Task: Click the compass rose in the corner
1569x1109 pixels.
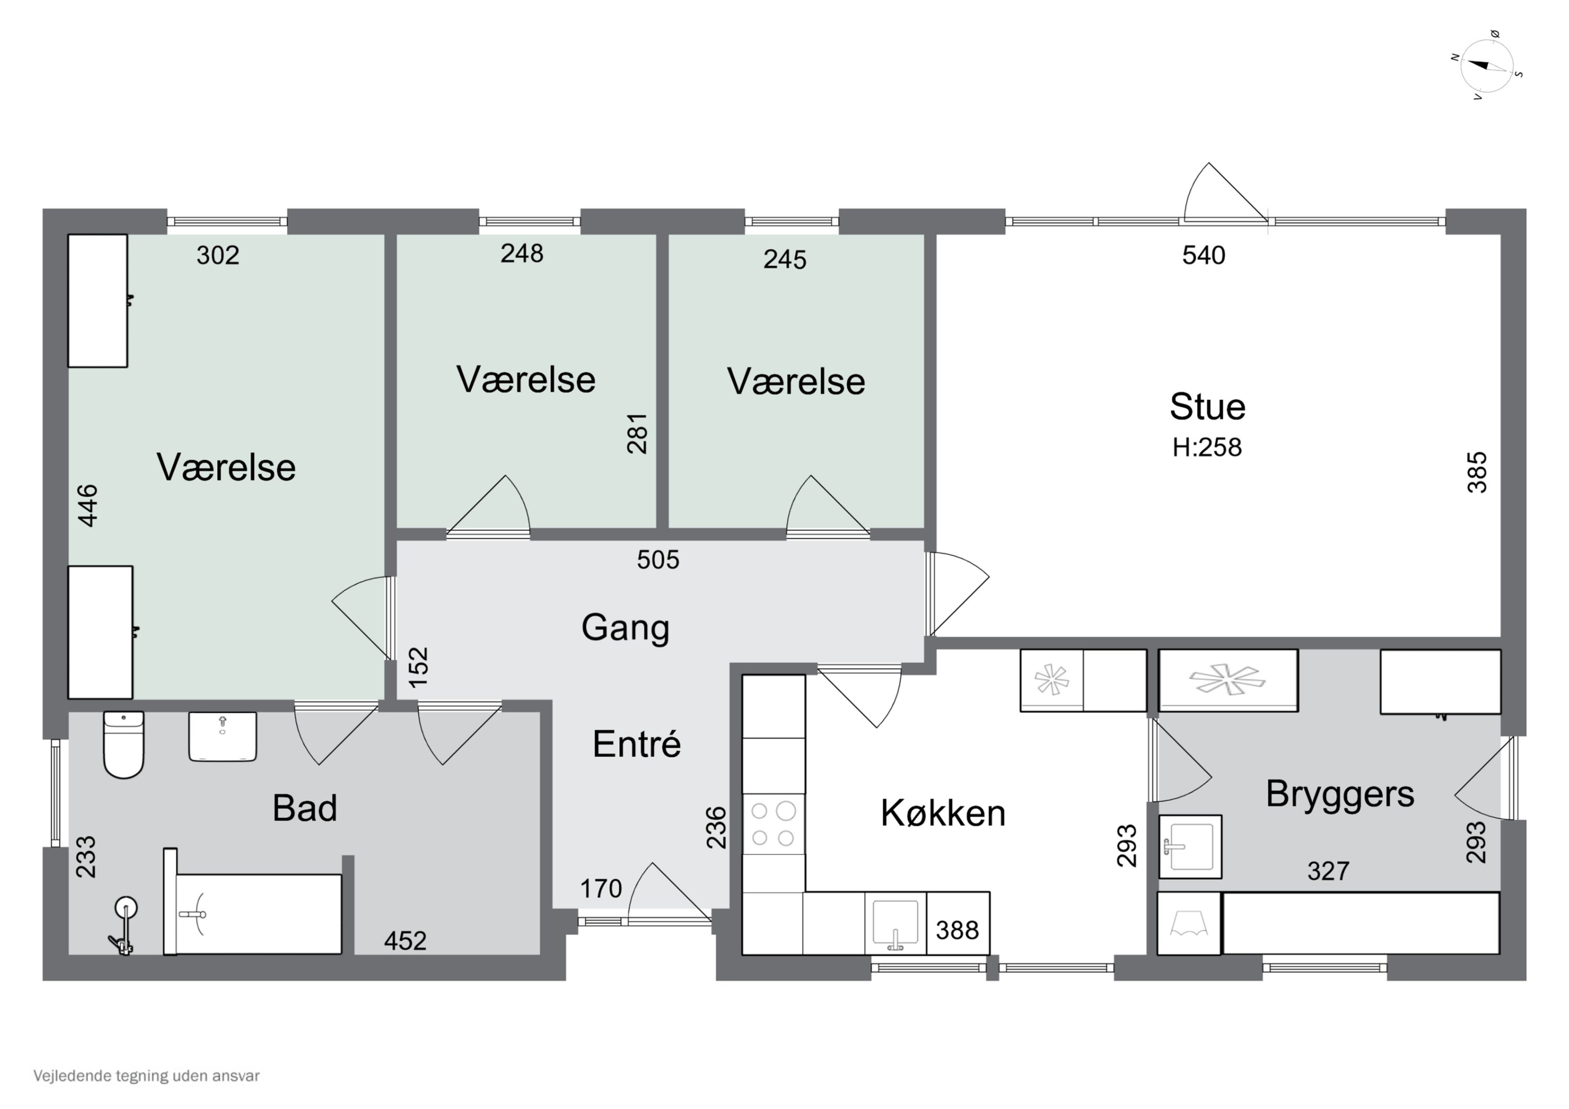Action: tap(1486, 65)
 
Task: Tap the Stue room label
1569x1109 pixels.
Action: tap(1208, 407)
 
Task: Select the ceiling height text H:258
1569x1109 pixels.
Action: tap(1207, 447)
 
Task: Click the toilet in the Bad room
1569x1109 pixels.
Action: tap(123, 744)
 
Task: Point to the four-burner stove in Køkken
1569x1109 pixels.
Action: tap(774, 824)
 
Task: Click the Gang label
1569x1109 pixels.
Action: tap(626, 627)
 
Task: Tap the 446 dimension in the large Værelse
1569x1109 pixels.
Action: tap(88, 505)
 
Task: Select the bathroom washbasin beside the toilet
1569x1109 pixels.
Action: tap(223, 737)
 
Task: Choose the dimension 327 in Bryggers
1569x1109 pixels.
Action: tap(1328, 871)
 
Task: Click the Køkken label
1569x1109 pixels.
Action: tap(943, 813)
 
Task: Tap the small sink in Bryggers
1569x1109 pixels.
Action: tap(1190, 846)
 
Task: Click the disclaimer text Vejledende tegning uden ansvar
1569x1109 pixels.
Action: tap(146, 1076)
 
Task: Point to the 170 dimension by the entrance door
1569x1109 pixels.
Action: tap(601, 888)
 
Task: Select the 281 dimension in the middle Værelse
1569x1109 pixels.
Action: tap(637, 433)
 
